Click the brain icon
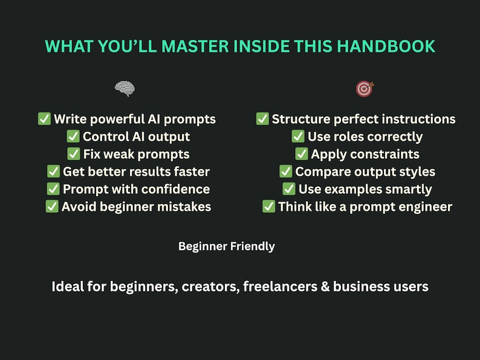pyautogui.click(x=125, y=89)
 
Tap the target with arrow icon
pyautogui.click(x=365, y=89)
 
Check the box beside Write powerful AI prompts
pyautogui.click(x=44, y=119)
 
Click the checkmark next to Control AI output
pyautogui.click(x=73, y=137)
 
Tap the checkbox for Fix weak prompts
pyautogui.click(x=74, y=154)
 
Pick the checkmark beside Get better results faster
pyautogui.click(x=53, y=172)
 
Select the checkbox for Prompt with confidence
pyautogui.click(x=53, y=189)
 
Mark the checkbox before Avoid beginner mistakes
pyautogui.click(x=52, y=207)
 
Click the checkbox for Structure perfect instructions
pyautogui.click(x=262, y=119)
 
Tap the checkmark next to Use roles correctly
pyautogui.click(x=298, y=137)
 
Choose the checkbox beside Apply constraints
pyautogui.click(x=302, y=154)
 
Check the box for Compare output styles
pyautogui.click(x=286, y=172)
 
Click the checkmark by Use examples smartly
pyautogui.click(x=289, y=189)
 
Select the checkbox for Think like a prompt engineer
pyautogui.click(x=268, y=207)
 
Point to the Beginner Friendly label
pyautogui.click(x=227, y=246)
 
